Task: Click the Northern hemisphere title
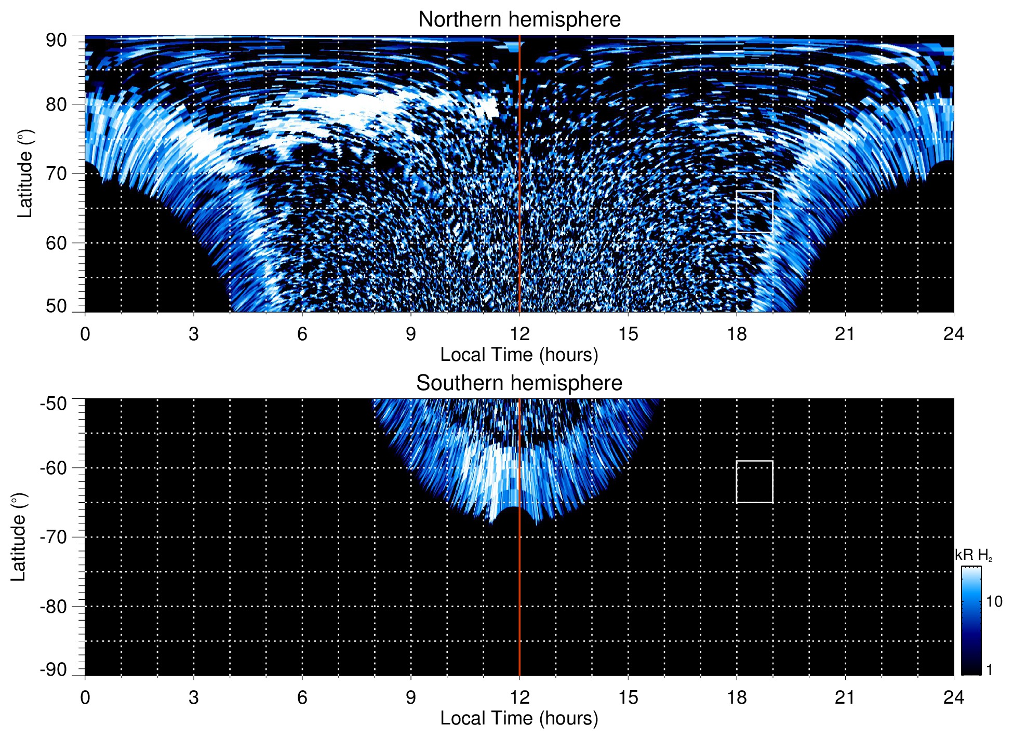click(519, 20)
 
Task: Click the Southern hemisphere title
click(519, 383)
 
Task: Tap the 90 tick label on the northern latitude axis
click(56, 40)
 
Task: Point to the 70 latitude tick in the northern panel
click(56, 173)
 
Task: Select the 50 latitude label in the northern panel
click(56, 306)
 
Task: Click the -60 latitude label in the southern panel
click(53, 467)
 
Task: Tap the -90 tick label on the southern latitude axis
click(53, 669)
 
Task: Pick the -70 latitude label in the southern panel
click(53, 537)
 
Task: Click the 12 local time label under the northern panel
click(519, 333)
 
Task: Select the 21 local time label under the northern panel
click(845, 333)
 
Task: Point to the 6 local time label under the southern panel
click(302, 697)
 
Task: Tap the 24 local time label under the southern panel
click(953, 697)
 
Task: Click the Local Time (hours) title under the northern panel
click(519, 355)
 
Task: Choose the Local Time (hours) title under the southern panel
click(519, 718)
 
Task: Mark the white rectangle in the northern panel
click(754, 211)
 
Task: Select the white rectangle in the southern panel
click(754, 481)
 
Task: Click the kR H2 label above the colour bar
click(973, 555)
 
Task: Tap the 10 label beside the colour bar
click(994, 601)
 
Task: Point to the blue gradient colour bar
click(971, 621)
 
